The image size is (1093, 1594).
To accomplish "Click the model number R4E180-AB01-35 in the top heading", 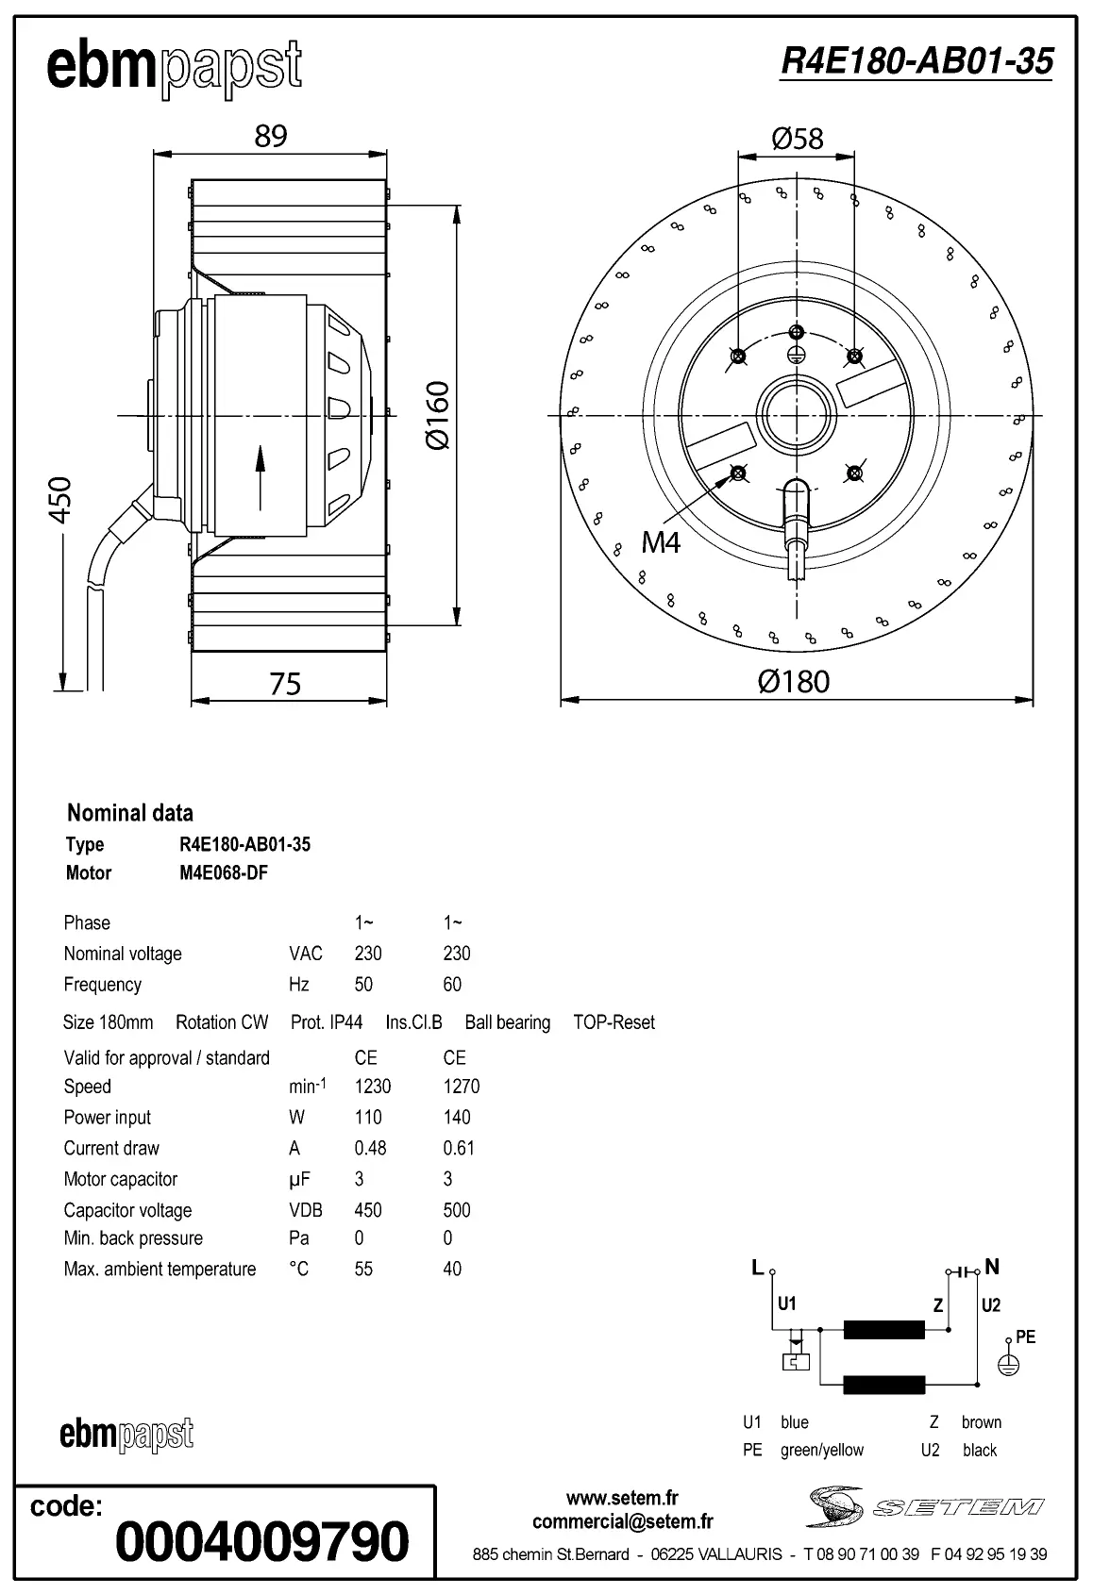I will click(x=916, y=61).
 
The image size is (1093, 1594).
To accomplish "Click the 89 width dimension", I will click(x=270, y=136).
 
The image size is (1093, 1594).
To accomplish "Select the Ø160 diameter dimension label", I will click(x=436, y=415).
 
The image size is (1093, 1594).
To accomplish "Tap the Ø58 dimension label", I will click(x=798, y=140).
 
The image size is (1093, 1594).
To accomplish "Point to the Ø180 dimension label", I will click(x=794, y=681).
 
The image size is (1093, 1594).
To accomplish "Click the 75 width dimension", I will click(x=285, y=684).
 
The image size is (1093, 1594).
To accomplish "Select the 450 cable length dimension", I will click(x=59, y=500).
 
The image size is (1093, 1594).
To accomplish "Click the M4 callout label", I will click(x=661, y=542).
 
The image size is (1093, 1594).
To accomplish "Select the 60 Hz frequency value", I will click(x=452, y=985).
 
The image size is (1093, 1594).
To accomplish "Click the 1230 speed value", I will click(x=373, y=1087).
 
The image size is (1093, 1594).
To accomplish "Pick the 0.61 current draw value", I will click(x=459, y=1148).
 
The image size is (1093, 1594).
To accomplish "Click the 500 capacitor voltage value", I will click(x=457, y=1210).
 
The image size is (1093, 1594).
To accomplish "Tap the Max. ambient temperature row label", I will click(x=160, y=1270).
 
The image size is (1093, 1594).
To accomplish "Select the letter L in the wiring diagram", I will click(x=757, y=1268).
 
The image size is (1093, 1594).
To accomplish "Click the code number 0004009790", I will click(x=261, y=1541).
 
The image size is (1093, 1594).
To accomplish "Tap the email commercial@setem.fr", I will click(x=622, y=1521).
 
